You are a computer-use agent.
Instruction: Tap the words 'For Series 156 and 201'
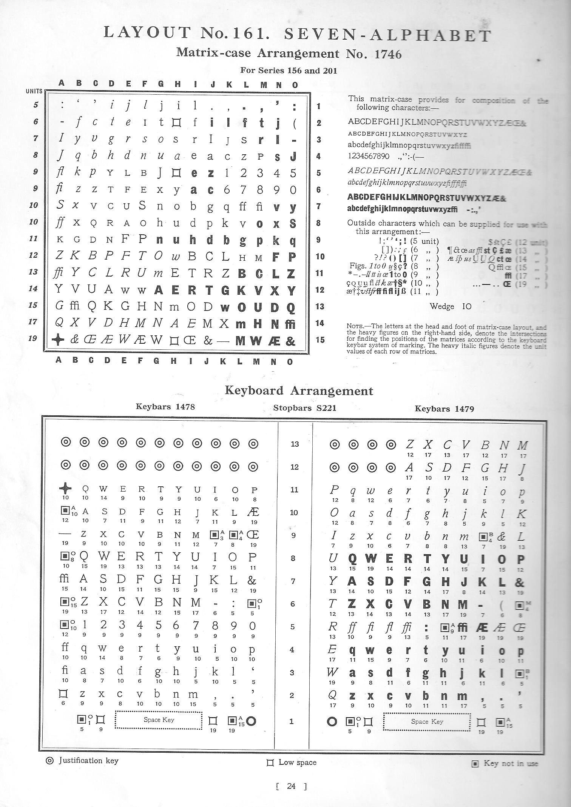point(289,71)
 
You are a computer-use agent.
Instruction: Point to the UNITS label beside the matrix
point(34,91)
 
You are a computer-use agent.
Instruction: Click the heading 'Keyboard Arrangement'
point(299,390)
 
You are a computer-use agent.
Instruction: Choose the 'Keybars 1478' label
point(165,406)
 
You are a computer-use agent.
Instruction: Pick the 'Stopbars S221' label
point(304,408)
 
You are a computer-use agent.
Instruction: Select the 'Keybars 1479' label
point(444,409)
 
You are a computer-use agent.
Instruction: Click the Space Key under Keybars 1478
point(159,720)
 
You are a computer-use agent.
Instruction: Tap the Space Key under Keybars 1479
point(427,721)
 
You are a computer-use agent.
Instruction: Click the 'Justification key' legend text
point(88,760)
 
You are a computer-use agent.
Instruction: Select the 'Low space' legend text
point(297,762)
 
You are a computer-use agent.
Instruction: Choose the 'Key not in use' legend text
point(511,763)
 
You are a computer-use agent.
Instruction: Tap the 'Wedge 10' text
point(451,306)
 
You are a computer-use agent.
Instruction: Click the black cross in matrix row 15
point(57,340)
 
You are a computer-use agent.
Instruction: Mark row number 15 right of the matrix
point(320,340)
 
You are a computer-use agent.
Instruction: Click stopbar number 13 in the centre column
point(295,444)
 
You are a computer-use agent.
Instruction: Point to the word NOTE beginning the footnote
point(354,327)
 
